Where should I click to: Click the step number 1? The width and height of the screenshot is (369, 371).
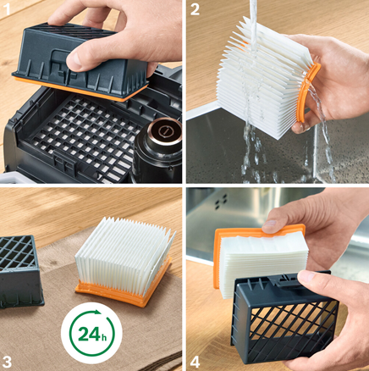point(6,8)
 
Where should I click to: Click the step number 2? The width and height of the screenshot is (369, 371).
point(195,9)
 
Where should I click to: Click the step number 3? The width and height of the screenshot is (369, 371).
point(8,362)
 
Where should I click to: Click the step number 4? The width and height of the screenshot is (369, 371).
point(196,362)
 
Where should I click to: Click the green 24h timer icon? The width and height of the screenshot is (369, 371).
point(91,333)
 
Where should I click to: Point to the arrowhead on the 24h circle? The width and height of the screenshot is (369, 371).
point(97,312)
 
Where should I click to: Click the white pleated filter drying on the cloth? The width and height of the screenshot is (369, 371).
point(124,248)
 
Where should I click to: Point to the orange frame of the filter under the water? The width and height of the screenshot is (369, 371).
point(308,92)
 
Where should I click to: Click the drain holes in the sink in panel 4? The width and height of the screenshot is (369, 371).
point(221,202)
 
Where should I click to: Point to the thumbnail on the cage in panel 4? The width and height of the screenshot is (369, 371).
point(306,278)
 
